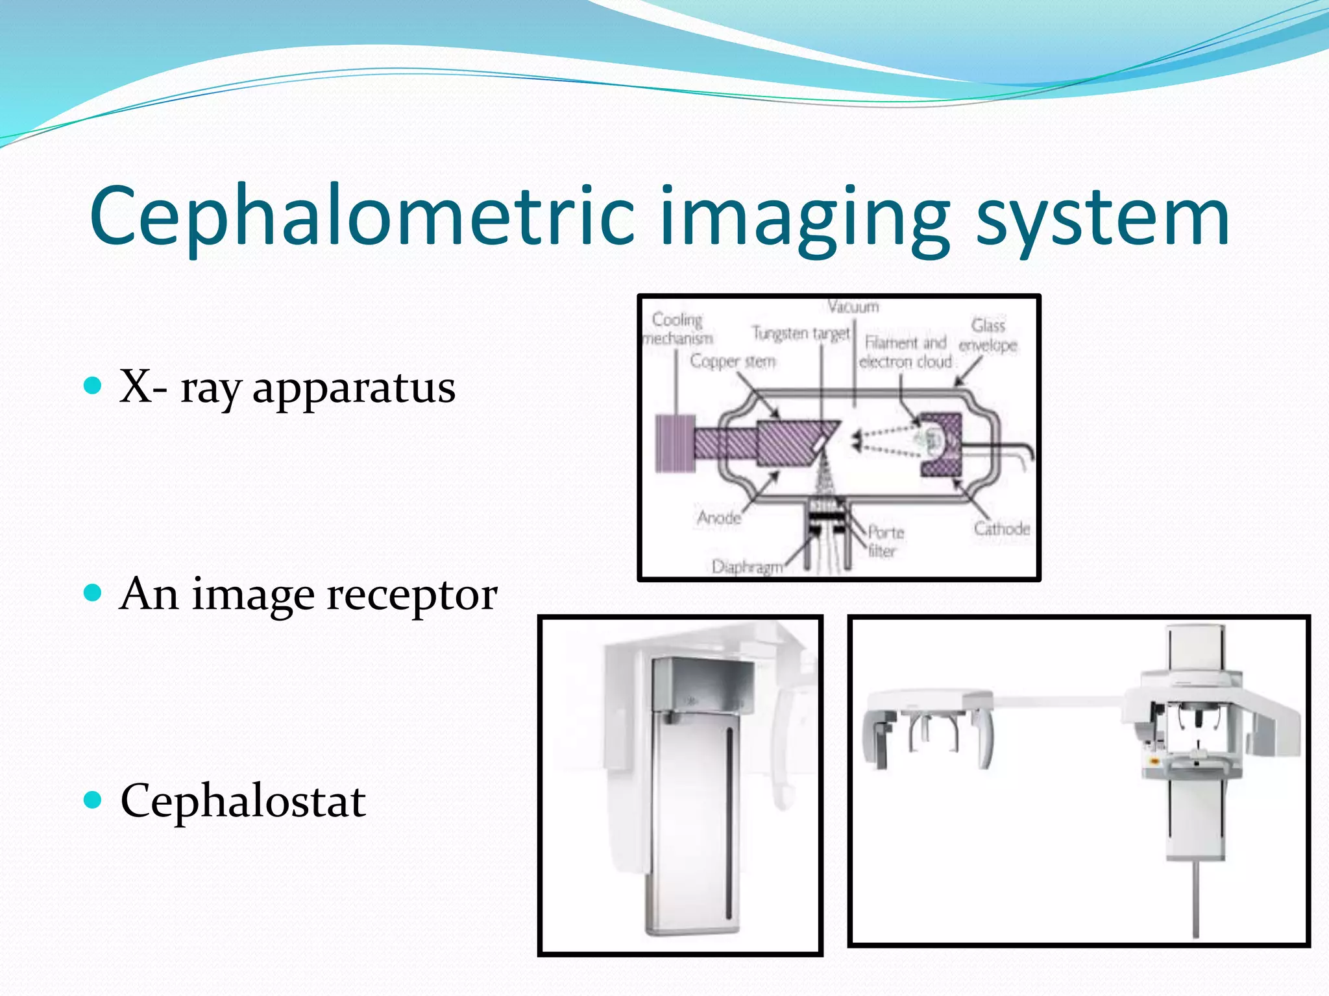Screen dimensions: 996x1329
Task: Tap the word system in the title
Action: (1103, 217)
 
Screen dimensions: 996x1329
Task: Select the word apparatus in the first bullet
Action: (354, 388)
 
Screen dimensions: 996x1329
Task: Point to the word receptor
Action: (412, 595)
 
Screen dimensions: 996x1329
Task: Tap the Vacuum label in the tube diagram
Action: (853, 307)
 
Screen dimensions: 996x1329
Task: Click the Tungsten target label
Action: (801, 333)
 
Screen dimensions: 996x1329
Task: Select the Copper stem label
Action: (733, 361)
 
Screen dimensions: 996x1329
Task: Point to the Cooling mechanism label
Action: (677, 329)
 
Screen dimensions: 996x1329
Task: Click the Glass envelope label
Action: (988, 335)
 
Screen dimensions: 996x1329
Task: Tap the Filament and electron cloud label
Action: (905, 352)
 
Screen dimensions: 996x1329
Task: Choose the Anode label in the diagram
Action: (719, 518)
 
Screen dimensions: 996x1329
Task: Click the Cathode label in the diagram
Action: (1001, 529)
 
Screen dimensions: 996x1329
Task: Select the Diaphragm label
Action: (747, 567)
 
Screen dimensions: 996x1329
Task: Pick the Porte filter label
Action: (884, 541)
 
